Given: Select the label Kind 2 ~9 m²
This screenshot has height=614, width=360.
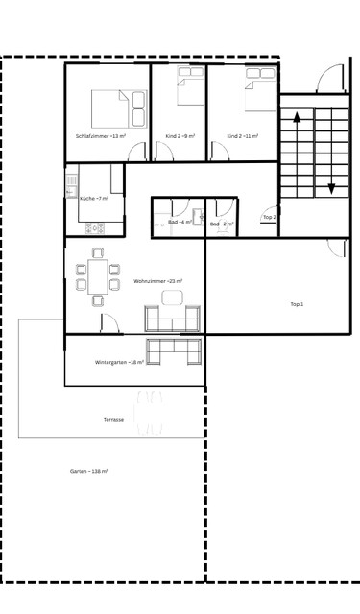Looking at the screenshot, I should pyautogui.click(x=180, y=136).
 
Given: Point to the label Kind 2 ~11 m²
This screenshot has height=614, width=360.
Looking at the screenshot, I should pyautogui.click(x=243, y=136).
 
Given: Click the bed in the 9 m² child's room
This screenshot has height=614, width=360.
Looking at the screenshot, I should pyautogui.click(x=188, y=89).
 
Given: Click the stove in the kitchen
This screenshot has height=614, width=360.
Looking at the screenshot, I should pyautogui.click(x=94, y=227).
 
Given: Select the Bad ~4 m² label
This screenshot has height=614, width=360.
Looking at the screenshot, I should pyautogui.click(x=180, y=222).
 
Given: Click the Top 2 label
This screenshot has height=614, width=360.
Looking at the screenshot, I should pyautogui.click(x=270, y=218).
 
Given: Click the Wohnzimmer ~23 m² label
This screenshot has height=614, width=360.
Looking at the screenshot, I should pyautogui.click(x=158, y=281).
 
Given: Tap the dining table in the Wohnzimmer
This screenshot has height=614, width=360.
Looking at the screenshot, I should pyautogui.click(x=96, y=276).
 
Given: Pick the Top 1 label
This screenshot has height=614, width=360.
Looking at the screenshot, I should pyautogui.click(x=297, y=304).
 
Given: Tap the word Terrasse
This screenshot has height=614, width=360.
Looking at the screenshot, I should pyautogui.click(x=114, y=420).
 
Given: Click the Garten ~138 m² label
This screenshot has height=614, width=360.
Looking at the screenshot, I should pyautogui.click(x=88, y=472).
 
